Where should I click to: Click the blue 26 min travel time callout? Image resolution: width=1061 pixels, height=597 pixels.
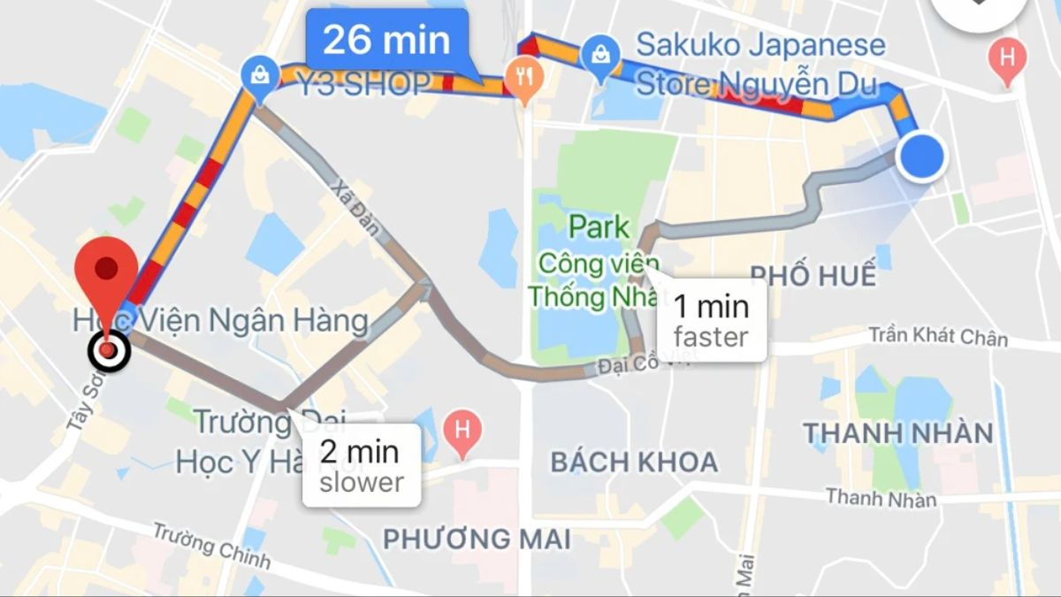(385, 41)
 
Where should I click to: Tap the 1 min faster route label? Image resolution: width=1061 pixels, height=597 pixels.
(711, 320)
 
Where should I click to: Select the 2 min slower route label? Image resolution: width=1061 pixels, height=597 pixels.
(361, 465)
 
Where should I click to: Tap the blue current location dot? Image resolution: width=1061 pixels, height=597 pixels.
(921, 157)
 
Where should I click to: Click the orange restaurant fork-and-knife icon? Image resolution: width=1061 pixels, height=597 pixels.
(525, 77)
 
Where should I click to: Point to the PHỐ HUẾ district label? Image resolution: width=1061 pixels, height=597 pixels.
(813, 275)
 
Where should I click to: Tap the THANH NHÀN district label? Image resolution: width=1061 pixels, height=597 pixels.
(897, 433)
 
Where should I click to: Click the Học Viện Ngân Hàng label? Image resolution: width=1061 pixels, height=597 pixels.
(221, 320)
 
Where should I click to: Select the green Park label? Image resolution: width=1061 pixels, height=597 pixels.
(599, 226)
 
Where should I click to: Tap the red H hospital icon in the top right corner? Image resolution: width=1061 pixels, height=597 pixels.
(1007, 58)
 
